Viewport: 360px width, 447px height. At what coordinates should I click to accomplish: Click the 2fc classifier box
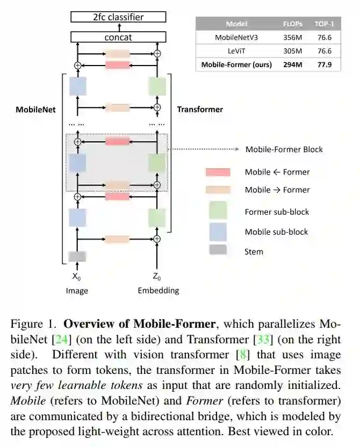tap(118, 17)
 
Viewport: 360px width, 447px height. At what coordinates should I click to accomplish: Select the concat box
tap(118, 37)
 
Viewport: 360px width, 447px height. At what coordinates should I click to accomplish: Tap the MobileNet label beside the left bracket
tap(35, 109)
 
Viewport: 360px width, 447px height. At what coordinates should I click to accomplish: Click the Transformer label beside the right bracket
tap(200, 109)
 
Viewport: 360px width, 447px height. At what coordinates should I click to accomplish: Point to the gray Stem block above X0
tap(77, 256)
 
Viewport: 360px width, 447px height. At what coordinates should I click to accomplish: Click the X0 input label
tap(77, 277)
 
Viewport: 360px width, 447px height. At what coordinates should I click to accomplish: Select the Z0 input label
tap(157, 277)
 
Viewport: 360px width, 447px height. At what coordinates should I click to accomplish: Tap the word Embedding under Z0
tap(158, 291)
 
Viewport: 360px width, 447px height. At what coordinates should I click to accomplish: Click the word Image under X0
tap(77, 291)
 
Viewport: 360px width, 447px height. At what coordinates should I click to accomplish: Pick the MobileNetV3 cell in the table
tap(236, 38)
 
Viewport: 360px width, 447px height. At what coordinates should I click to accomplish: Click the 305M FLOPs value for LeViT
tap(293, 51)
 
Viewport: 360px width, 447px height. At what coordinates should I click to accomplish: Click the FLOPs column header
tap(293, 24)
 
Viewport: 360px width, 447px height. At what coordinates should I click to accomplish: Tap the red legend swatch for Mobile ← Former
tap(218, 172)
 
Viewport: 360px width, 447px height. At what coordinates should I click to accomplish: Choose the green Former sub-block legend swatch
tap(218, 211)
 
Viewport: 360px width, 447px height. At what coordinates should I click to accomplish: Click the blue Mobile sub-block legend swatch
tap(218, 232)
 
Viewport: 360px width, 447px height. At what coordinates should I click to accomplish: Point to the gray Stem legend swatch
tap(218, 250)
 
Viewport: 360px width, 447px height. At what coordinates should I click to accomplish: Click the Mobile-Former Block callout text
tap(284, 149)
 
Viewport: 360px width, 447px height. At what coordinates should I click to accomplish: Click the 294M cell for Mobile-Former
tap(293, 64)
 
